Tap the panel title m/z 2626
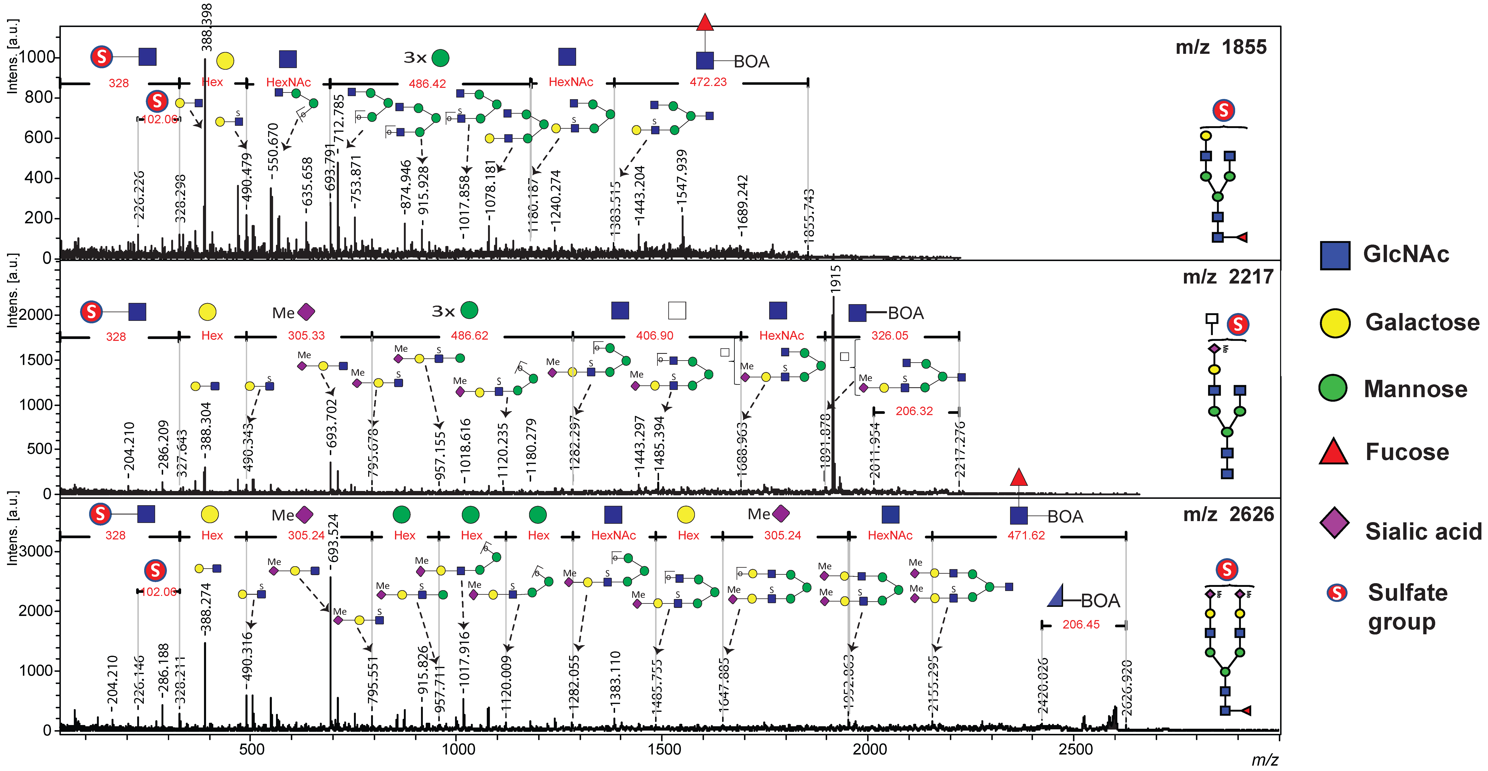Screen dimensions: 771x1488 pyautogui.click(x=1228, y=514)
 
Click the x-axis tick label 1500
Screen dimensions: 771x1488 pyautogui.click(x=664, y=750)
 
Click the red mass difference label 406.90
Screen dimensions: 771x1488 pyautogui.click(x=654, y=335)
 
